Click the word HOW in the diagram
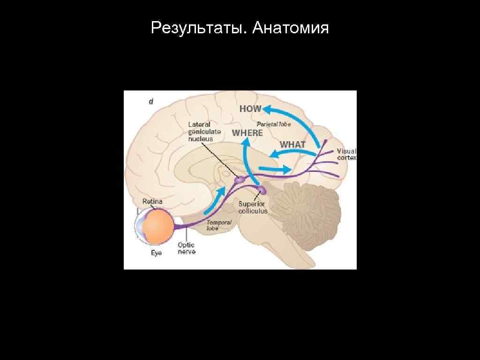click(x=250, y=109)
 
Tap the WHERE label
click(x=247, y=133)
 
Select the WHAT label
click(x=292, y=145)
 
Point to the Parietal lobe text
click(x=274, y=124)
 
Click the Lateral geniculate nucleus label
click(x=204, y=132)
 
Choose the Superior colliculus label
click(x=253, y=207)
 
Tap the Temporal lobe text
click(x=219, y=225)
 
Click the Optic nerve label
click(x=187, y=248)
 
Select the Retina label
click(x=152, y=202)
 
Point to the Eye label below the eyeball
click(x=156, y=254)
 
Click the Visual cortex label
click(x=346, y=155)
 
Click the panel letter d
click(x=151, y=102)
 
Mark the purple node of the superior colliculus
click(x=261, y=190)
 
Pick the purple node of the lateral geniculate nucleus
click(x=240, y=179)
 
